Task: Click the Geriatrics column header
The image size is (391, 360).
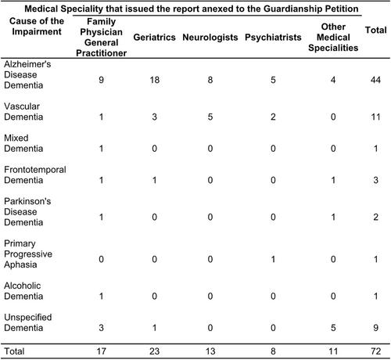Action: pos(154,38)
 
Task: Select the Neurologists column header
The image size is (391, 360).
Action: pos(210,38)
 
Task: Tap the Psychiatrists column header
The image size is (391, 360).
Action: pos(273,38)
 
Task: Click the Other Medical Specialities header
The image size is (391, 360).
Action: pos(333,38)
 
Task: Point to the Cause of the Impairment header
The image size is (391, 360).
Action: pos(37,26)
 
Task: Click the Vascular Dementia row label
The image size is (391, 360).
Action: pos(23,111)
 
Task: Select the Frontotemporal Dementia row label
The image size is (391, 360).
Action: pos(35,175)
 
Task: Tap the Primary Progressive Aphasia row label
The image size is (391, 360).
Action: pos(28,254)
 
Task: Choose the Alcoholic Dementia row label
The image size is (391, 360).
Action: pos(23,291)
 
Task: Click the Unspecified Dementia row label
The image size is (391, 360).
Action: pos(28,322)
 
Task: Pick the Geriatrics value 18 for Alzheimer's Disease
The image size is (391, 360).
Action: pos(154,80)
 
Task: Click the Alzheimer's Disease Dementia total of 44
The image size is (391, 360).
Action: pos(375,80)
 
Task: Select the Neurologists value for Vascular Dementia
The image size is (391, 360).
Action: pos(210,117)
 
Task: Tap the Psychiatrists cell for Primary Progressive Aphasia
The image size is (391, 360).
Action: pos(273,259)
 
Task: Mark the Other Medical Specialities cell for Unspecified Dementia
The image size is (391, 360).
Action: pos(333,328)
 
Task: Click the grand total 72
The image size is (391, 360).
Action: pos(375,351)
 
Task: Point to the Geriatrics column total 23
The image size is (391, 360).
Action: pos(154,351)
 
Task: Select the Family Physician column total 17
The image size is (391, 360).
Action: pos(101,351)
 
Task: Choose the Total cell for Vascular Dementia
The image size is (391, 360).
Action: pos(375,117)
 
